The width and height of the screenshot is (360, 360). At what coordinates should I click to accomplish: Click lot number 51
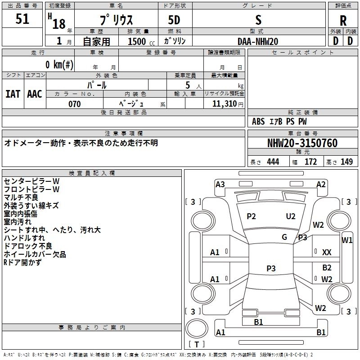22,18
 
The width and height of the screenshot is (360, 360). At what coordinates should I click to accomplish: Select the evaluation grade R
343,21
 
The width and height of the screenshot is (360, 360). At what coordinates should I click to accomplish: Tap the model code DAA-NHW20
258,41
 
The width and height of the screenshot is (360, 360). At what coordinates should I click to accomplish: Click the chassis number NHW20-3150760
302,143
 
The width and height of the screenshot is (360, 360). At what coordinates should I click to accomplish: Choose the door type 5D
174,20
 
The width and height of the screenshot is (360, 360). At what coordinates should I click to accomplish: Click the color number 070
75,104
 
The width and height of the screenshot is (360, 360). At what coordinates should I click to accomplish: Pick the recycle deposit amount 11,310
225,104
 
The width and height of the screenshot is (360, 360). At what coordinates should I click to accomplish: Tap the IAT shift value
13,94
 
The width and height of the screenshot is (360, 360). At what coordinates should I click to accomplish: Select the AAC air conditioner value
35,94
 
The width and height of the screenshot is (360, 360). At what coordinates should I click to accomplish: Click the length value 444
273,162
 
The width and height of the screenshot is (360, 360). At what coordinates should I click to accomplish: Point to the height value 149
346,162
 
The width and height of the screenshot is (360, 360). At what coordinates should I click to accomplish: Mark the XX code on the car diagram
327,252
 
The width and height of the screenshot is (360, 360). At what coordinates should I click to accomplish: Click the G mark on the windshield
284,237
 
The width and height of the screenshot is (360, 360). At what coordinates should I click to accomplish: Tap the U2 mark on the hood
291,216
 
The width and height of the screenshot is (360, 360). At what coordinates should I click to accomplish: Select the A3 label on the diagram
220,184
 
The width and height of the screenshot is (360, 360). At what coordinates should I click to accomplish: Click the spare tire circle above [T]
197,328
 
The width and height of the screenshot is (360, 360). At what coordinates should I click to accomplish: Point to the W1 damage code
347,240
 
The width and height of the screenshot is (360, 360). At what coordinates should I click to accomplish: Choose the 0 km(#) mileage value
59,64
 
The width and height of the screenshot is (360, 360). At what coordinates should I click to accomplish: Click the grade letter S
258,20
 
